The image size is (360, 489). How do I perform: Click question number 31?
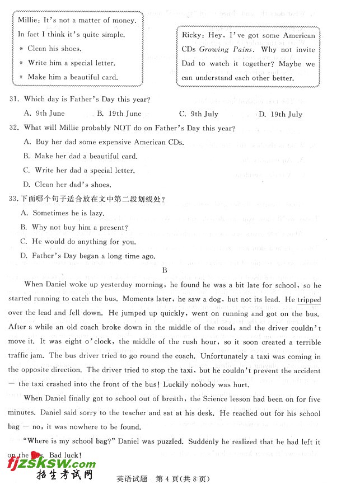[14, 100]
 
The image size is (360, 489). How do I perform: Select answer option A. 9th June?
[44, 114]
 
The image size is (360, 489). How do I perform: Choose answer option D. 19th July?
[280, 114]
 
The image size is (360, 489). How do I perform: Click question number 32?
[14, 128]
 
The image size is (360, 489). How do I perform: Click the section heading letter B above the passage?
[165, 270]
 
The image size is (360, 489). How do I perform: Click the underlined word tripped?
[309, 299]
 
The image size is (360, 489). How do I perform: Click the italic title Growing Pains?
[222, 50]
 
